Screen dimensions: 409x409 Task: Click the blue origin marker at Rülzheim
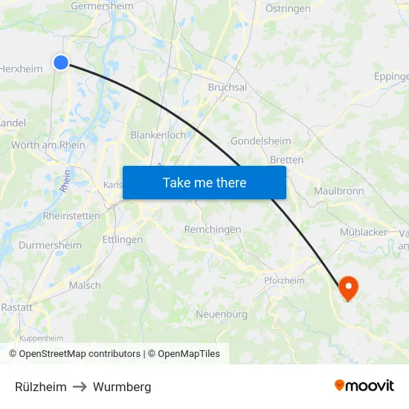coord(61,63)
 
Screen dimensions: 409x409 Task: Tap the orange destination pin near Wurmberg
coord(347,287)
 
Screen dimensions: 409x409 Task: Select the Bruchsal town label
coord(228,87)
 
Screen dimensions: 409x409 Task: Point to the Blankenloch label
coord(158,135)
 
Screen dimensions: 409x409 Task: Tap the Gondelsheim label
coord(259,141)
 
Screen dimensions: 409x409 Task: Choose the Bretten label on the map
coord(286,160)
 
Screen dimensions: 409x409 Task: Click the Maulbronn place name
coord(339,191)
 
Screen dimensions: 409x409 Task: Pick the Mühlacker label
coord(364,232)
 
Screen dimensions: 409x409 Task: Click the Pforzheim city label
coord(284,280)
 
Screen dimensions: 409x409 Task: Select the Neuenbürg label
coord(222,315)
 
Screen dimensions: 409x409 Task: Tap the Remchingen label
coord(213,230)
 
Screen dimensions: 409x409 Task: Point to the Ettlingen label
coord(123,239)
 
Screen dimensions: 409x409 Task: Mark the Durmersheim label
coord(51,245)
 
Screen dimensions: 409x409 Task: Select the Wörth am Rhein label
coord(48,145)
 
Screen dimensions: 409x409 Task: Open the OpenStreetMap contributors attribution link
coord(79,354)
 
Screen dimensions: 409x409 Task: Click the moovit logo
coord(364,386)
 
